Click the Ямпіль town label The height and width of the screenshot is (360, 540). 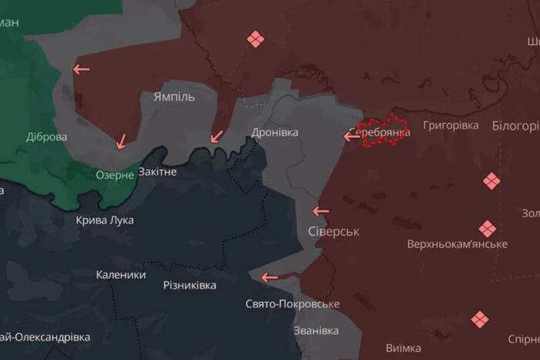coord(174,97)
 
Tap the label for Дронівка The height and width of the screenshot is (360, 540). coord(275,133)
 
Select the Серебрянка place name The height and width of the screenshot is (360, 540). coord(380,133)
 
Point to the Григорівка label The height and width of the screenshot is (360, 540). coord(451,125)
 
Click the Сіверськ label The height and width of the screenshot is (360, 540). coord(333,231)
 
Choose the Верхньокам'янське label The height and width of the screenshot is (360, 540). coord(457,244)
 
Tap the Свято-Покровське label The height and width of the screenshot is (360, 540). coord(292,304)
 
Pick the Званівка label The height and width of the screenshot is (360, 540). coord(316,331)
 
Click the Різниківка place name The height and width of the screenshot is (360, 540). coord(190,285)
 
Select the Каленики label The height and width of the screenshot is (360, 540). coord(121,274)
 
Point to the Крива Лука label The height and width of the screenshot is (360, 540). coord(105,220)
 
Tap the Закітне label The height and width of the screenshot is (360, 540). coord(157,171)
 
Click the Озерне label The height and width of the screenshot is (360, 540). coord(115,176)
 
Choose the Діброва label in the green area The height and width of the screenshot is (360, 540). coord(46,137)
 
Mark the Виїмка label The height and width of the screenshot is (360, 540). coord(403,348)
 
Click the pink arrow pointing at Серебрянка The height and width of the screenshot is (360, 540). coord(352,136)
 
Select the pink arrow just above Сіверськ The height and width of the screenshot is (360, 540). coord(320,210)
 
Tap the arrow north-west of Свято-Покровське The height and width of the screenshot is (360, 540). coord(269,278)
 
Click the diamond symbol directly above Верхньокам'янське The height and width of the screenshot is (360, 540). coord(487,229)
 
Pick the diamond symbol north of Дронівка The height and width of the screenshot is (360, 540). coord(255,39)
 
